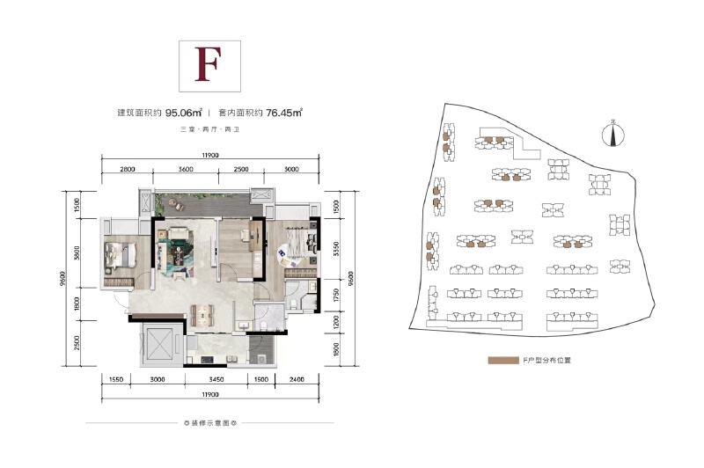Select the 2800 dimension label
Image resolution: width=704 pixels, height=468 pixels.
[x=127, y=169]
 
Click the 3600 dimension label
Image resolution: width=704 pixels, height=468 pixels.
[x=186, y=169]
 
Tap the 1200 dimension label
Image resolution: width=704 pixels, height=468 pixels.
[x=338, y=322]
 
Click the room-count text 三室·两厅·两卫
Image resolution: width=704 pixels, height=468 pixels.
[x=209, y=130]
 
